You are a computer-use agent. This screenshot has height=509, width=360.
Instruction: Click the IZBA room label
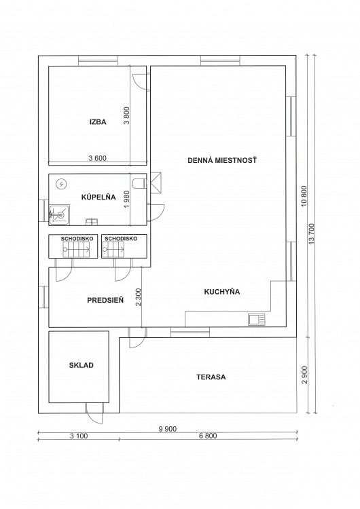[98, 122]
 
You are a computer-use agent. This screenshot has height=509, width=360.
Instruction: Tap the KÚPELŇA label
[98, 197]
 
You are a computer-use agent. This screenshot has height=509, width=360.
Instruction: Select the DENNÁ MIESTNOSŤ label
[222, 160]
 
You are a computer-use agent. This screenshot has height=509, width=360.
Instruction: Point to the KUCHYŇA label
[222, 292]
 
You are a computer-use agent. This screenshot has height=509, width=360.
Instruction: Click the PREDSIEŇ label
[105, 300]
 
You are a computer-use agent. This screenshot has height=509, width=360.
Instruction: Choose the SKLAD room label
[82, 365]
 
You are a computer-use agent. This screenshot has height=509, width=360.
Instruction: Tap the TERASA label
[211, 377]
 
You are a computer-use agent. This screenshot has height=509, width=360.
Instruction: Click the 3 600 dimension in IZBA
[98, 158]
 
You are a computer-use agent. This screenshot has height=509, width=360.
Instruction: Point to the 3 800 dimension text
[126, 115]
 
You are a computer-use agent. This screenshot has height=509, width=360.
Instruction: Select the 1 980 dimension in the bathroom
[127, 200]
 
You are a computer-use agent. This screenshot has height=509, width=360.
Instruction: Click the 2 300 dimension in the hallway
[139, 297]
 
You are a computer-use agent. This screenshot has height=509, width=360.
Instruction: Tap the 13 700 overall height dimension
[312, 233]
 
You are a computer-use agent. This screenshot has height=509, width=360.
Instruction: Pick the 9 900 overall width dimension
[168, 429]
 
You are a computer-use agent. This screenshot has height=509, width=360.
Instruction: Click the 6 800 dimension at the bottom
[208, 436]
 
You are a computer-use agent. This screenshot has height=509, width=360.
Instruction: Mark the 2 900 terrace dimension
[304, 375]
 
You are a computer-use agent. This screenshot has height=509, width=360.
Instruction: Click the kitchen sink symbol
[257, 320]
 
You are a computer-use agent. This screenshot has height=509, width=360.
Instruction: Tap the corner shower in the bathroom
[59, 214]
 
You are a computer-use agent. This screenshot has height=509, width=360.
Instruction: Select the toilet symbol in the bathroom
[139, 183]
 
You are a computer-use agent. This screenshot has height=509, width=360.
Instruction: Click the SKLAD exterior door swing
[95, 413]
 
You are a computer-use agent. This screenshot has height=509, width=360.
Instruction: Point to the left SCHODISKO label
[77, 239]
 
